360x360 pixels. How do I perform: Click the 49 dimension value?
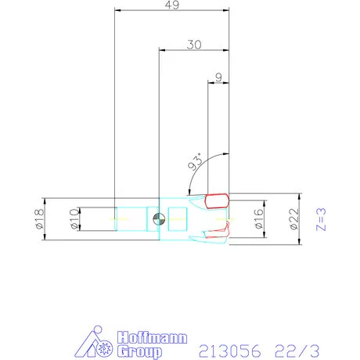coord(173,7)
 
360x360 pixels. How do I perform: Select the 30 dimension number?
coord(196,45)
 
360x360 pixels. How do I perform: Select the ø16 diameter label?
coord(259,219)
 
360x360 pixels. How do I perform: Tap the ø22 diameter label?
coord(293,219)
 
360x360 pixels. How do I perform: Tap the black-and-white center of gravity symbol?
coord(159,218)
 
